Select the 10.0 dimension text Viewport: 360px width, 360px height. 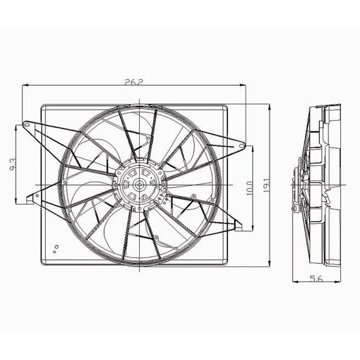[249, 185]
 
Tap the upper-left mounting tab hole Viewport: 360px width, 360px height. [24, 124]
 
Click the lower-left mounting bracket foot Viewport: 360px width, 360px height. [29, 199]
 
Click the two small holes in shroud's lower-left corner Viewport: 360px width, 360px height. [56, 249]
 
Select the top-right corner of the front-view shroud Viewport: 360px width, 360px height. [227, 106]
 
